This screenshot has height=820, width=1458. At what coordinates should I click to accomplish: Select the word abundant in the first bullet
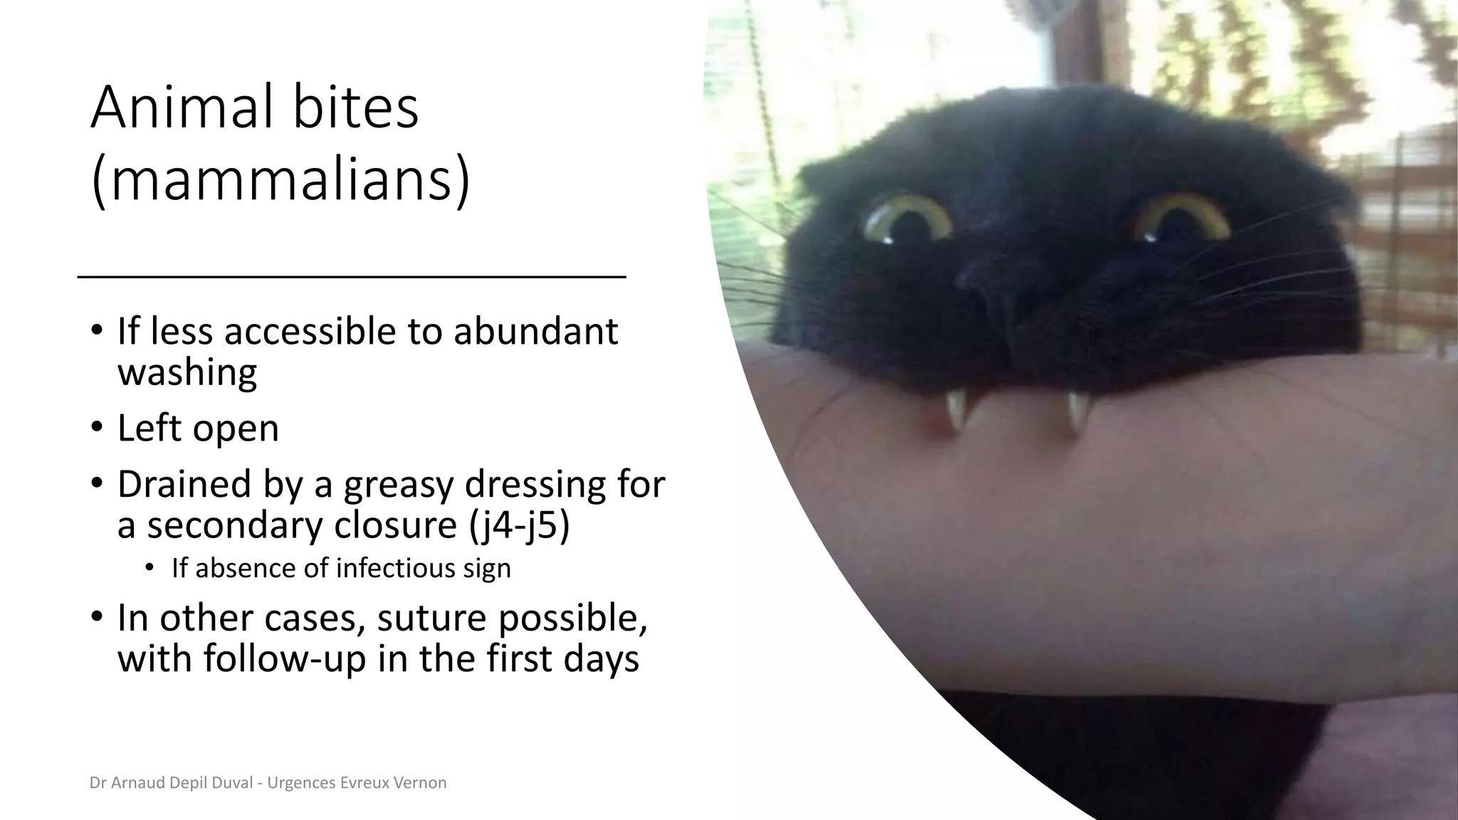coord(535,332)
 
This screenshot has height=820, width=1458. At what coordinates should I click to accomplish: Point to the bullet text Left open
coord(198,429)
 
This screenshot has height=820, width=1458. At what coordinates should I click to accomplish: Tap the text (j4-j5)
coord(519,525)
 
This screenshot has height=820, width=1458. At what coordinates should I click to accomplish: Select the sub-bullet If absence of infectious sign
coord(341,569)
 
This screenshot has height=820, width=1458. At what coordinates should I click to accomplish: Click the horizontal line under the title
coord(351,276)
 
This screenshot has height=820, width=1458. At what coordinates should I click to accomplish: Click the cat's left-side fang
coord(953,411)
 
